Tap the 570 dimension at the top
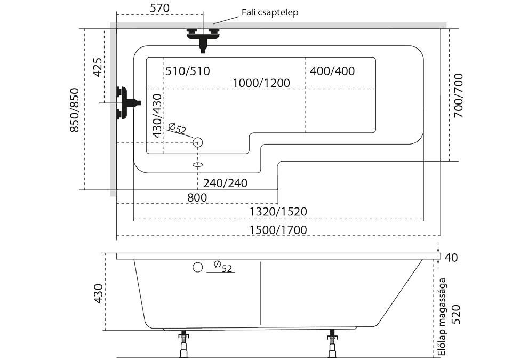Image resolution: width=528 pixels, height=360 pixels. (x=159, y=8)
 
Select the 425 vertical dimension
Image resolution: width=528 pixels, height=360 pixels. (x=98, y=68)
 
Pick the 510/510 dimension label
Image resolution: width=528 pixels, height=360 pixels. (x=187, y=71)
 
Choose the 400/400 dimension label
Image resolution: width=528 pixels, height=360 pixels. (x=332, y=71)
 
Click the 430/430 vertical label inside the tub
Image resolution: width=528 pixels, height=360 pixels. (x=156, y=116)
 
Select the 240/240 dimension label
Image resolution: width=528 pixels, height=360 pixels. (x=225, y=183)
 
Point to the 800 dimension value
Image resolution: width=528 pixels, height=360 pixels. (x=197, y=197)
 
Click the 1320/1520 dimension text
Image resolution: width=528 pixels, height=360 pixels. (x=278, y=212)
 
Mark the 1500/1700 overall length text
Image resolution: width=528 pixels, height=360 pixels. (x=278, y=229)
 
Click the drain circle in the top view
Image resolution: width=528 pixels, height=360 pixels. (x=198, y=142)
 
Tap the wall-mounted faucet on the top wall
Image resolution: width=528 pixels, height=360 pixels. (x=203, y=37)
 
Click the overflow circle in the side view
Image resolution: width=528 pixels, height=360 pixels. (x=198, y=267)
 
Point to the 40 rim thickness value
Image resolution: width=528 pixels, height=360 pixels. (x=451, y=258)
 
